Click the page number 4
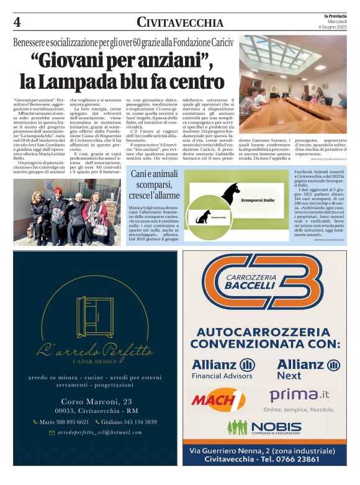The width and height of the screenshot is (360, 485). (17, 22)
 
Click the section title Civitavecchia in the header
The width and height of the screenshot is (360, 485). (180, 22)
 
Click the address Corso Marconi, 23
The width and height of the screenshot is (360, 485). (96, 402)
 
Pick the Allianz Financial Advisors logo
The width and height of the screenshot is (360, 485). (222, 368)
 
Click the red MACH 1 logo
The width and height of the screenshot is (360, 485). (217, 399)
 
